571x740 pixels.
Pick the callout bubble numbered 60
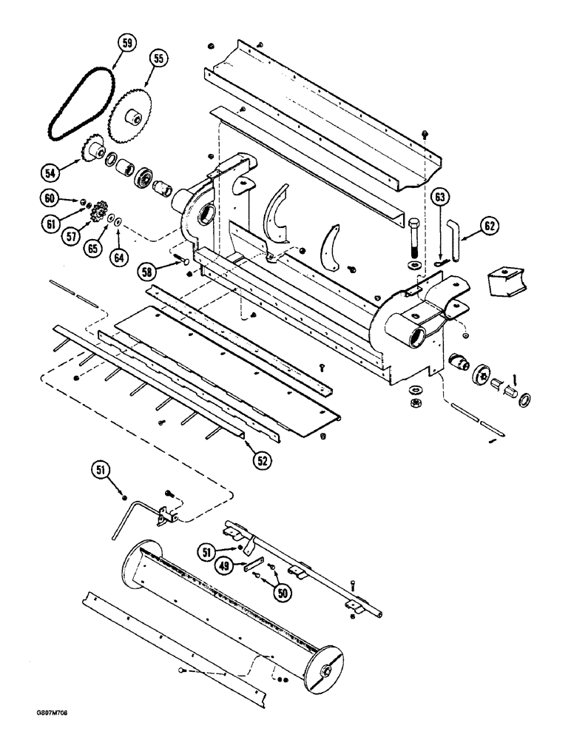coord(50,198)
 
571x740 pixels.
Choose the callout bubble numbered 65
coord(92,250)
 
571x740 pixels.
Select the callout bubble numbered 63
coord(441,198)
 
